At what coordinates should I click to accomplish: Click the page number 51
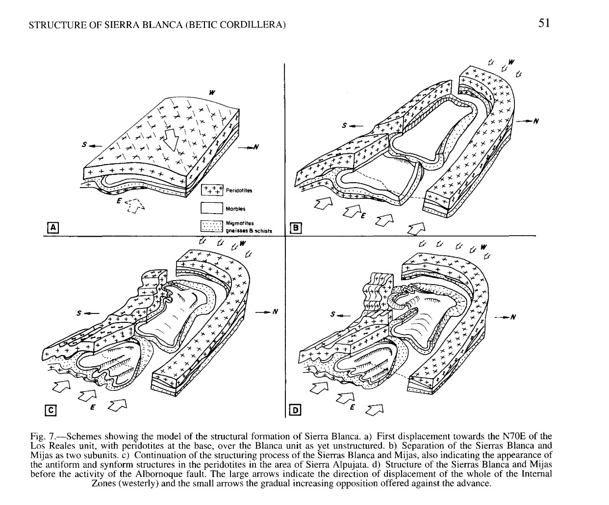[544, 23]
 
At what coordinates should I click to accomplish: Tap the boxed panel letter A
[53, 228]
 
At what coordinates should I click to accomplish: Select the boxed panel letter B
[296, 228]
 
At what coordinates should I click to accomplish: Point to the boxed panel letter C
[51, 410]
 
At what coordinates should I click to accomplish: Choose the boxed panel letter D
[296, 410]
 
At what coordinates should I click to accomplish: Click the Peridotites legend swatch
[212, 190]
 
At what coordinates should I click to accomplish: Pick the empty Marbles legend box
[212, 208]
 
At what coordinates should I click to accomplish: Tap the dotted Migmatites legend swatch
[212, 226]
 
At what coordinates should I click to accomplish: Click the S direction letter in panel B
[344, 125]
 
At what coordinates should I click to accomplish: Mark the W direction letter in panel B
[511, 62]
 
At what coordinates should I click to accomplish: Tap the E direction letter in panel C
[92, 408]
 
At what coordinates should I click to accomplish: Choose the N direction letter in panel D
[513, 317]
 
